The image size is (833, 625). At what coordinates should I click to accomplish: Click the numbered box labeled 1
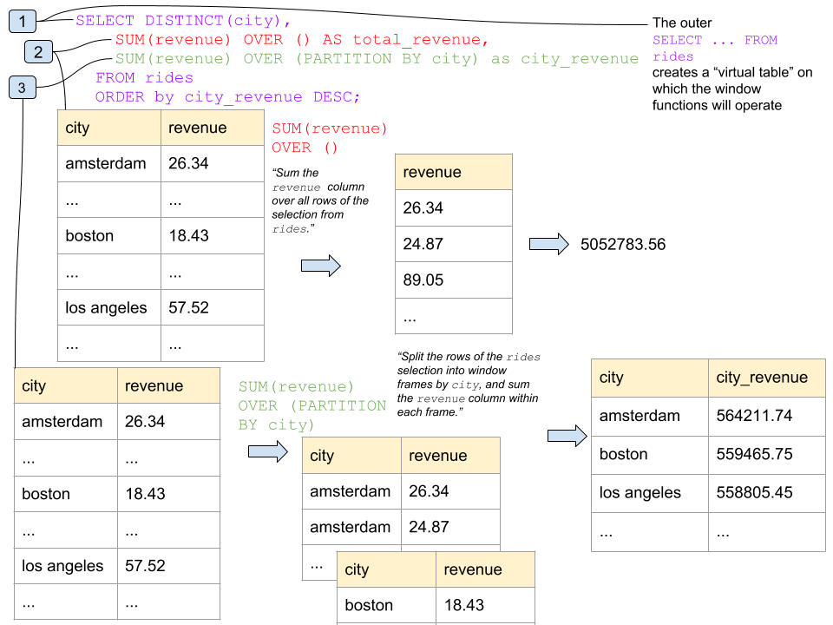[22, 20]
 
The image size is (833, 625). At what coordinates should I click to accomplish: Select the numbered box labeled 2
[38, 52]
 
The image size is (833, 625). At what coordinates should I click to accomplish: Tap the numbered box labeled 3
[22, 87]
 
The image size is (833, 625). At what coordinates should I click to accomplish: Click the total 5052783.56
[622, 245]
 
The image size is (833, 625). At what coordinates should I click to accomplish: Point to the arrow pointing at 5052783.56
[548, 245]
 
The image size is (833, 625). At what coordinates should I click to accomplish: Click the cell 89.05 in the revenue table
[423, 280]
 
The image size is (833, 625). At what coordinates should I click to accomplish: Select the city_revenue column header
[762, 378]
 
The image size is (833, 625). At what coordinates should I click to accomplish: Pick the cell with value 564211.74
[754, 416]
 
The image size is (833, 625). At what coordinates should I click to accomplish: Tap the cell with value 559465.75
[754, 454]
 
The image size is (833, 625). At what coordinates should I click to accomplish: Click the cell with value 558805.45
[754, 492]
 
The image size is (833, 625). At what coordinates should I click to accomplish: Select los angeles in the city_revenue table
[640, 492]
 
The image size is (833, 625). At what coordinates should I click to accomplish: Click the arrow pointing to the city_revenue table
[567, 436]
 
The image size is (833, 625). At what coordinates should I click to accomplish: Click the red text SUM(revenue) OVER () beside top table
[330, 138]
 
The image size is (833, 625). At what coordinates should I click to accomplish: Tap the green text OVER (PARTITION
[312, 405]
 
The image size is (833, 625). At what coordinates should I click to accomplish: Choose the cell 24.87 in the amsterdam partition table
[429, 527]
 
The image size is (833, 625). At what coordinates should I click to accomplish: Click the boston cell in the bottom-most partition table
[370, 605]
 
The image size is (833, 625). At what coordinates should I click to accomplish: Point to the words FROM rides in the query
[144, 78]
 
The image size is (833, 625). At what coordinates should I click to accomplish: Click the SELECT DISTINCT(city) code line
[183, 20]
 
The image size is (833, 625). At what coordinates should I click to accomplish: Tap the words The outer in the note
[682, 23]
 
